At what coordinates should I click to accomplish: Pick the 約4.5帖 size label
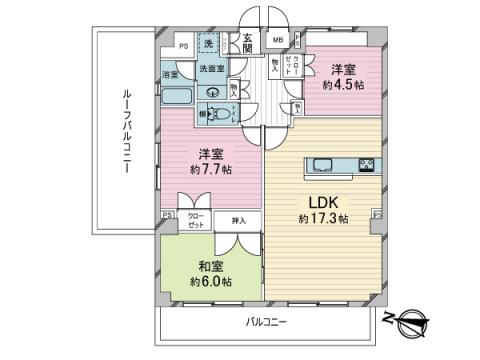(x=341, y=86)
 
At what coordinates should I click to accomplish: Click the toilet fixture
(x=215, y=113)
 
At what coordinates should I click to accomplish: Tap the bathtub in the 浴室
(x=177, y=99)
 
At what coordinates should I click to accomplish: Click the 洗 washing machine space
(x=209, y=44)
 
